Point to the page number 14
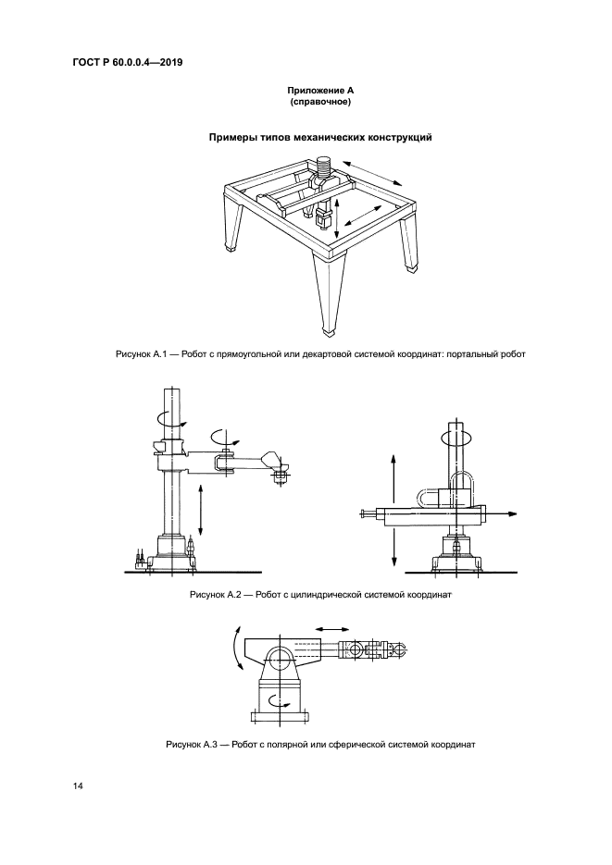tap(79, 786)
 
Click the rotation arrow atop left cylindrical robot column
tap(166, 418)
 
